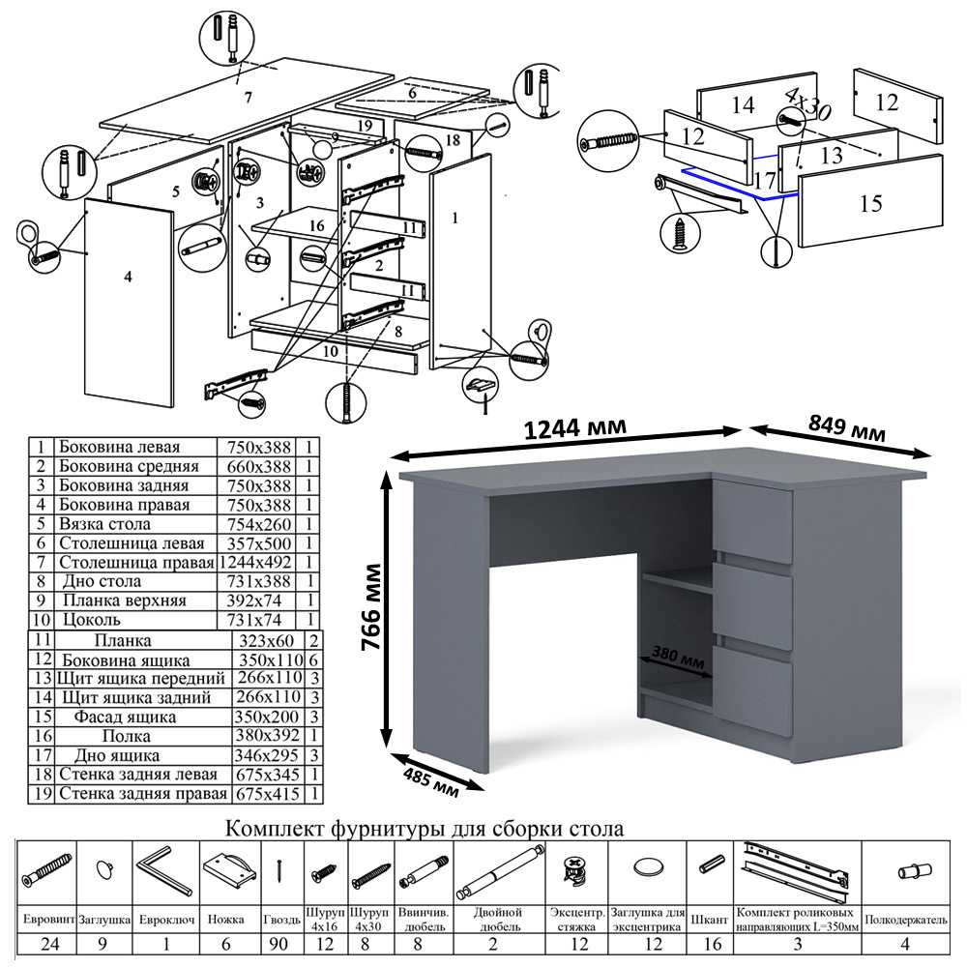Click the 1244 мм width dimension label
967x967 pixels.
pos(573,427)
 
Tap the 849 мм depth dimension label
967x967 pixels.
pos(844,429)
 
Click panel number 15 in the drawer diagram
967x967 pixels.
pos(870,203)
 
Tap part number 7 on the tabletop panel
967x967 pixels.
pos(248,97)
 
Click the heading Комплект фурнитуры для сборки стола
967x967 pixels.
pos(424,829)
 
